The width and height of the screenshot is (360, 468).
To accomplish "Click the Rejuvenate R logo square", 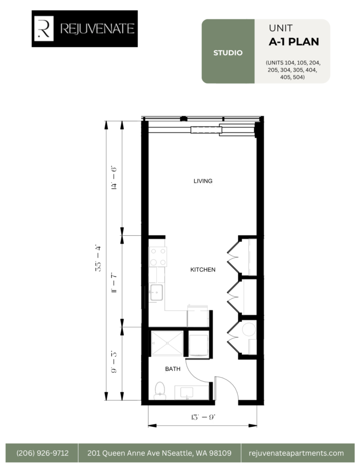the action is pos(44,28).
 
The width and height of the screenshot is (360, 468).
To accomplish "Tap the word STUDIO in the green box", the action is pos(228,53).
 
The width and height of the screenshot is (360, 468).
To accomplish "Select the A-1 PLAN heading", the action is pos(294,42).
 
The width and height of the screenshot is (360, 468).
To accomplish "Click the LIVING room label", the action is pos(203,181).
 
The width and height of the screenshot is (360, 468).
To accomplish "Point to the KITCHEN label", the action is pos(203,270).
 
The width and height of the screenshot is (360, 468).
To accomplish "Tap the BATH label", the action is pos(172,369).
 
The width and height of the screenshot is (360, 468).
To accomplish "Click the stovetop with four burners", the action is pos(158,257).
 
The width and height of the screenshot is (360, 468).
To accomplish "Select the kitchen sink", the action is pos(156,292).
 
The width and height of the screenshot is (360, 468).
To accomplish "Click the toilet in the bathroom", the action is pos(160,391).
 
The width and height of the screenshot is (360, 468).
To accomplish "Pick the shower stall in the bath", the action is pos(167,343).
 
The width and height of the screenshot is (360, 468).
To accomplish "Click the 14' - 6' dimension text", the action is pos(113,178).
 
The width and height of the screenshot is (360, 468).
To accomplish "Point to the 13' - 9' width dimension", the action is pos(203,417).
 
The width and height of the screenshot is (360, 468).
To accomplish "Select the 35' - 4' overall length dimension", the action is pos(98,258).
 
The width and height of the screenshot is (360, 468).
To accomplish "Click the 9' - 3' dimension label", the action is pos(113,362).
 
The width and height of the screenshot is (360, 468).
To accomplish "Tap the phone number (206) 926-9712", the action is pos(43,453).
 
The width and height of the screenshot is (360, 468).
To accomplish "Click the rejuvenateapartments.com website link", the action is pos(296,453).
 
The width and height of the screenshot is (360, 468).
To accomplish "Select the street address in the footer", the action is pos(159,453).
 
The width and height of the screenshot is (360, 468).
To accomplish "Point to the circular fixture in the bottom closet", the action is pos(249,330).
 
